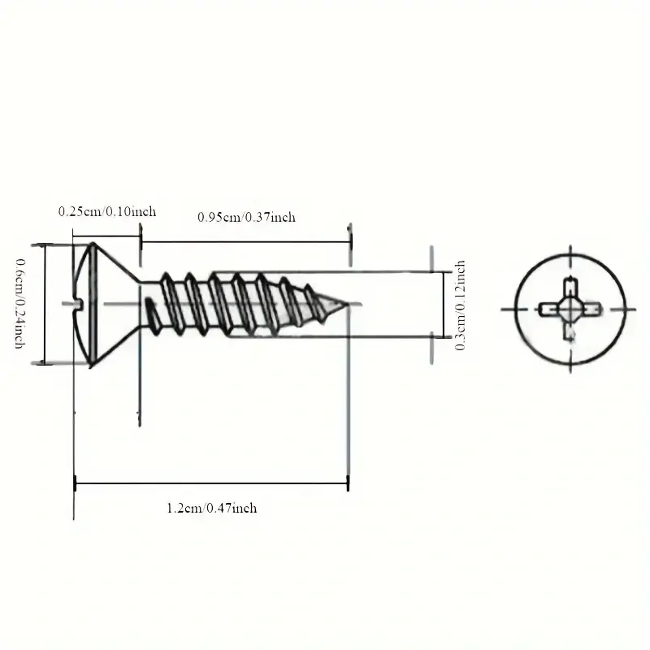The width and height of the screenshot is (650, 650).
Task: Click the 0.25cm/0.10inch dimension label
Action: pos(107,211)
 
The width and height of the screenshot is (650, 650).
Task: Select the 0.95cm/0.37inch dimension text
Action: pos(247,217)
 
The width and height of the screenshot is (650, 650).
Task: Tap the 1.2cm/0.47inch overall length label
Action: pos(212,509)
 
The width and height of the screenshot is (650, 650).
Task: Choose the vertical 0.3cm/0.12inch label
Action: pos(460,305)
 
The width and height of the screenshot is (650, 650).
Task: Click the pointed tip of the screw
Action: pos(347,304)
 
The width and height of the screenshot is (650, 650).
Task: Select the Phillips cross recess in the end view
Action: pos(570,310)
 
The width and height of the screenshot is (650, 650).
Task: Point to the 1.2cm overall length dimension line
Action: pos(211,483)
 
